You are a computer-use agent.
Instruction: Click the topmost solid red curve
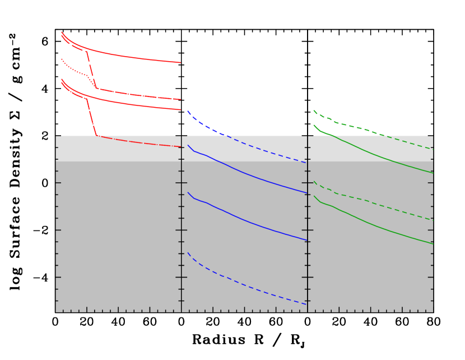coord(134,58)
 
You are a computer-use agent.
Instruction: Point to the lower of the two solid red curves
coord(134,105)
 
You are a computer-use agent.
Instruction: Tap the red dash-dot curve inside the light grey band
coord(140,142)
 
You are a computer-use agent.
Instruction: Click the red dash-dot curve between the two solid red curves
coord(134,95)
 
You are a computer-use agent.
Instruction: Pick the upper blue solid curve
coord(247,174)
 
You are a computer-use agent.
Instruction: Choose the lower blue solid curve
coord(247,221)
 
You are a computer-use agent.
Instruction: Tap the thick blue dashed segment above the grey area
coord(204,126)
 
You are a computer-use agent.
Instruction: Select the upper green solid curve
coord(370,152)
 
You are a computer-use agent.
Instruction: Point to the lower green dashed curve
coord(370,201)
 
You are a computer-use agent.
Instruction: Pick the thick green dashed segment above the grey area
coord(347,125)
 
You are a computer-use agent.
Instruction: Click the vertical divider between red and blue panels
coord(181,224)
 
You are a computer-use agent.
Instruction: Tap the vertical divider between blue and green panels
coord(307,224)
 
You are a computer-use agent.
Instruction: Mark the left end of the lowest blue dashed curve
coord(188,253)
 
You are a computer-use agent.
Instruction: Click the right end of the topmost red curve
coord(180,62)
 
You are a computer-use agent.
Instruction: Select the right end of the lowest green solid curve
coord(432,243)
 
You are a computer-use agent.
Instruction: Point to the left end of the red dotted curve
coord(62,59)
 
